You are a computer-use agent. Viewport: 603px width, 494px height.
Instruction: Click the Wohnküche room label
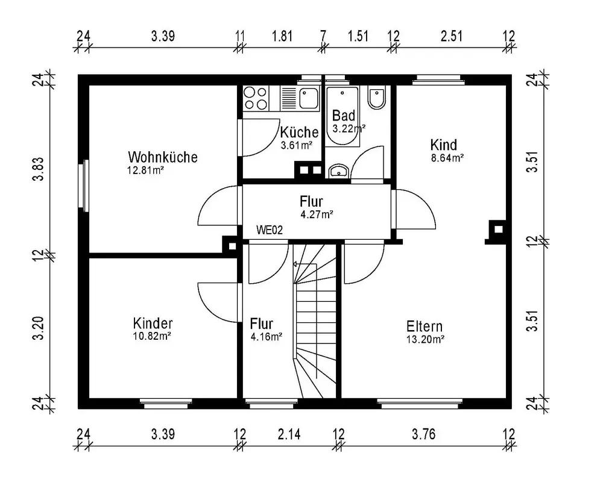coord(163,157)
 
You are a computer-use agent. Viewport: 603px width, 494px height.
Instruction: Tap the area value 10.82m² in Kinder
coord(152,337)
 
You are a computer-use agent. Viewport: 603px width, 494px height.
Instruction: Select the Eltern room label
coord(425,327)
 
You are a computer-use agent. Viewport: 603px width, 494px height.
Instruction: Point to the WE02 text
coord(270,230)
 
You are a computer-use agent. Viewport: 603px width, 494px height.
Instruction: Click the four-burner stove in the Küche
coord(256,98)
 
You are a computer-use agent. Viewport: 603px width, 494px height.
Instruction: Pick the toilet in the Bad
coord(376,98)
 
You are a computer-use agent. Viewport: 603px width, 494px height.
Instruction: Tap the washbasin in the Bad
coord(339,171)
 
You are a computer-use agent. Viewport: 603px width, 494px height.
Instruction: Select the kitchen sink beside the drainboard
coord(309,98)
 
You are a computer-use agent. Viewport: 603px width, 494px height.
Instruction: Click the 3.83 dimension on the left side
coord(39,169)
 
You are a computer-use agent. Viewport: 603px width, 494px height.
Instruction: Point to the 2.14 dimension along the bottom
coord(289,434)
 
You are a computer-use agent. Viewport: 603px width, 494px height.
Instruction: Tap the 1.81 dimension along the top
coord(282,36)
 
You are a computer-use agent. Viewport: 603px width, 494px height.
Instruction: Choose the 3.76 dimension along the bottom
coord(424,434)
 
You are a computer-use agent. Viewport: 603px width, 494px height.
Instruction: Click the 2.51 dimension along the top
coord(452,36)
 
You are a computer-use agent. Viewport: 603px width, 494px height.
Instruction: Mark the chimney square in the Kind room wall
coord(498,230)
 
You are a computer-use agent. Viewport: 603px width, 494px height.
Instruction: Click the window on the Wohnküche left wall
coord(83,186)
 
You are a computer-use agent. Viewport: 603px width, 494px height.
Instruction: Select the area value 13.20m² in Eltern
coord(425,340)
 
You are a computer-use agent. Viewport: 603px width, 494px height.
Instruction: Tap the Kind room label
coord(444,145)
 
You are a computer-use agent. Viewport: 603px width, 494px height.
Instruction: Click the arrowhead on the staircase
coord(295,264)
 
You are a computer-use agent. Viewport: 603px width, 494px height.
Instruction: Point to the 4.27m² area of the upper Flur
coord(317,214)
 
